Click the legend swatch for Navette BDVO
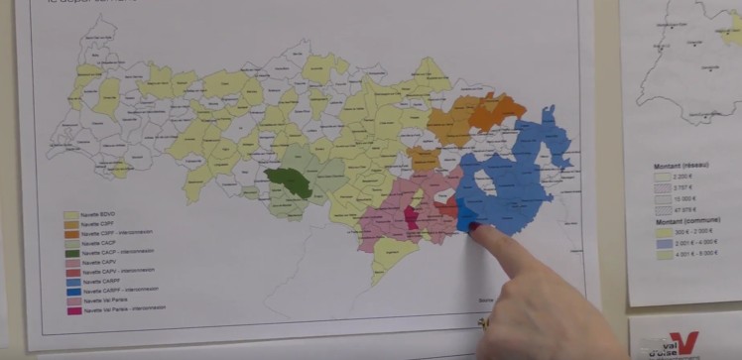coord(71,215)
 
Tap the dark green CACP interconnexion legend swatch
coord(71,252)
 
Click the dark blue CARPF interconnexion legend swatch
coord(71,290)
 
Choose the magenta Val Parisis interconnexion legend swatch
coord(71,308)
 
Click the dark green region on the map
coord(289,182)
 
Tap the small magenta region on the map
coord(411,217)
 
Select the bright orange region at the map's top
coord(496,110)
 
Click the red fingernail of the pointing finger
coord(474,229)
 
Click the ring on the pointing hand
coord(485,322)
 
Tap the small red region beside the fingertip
coord(451,210)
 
